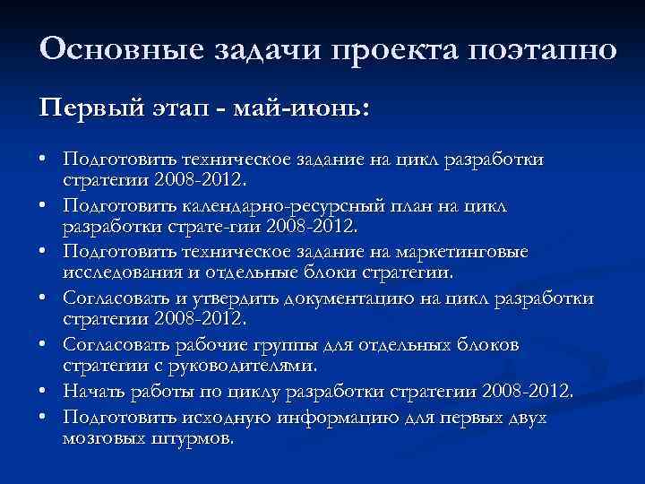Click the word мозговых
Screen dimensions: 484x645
pyautogui.click(x=100, y=439)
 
